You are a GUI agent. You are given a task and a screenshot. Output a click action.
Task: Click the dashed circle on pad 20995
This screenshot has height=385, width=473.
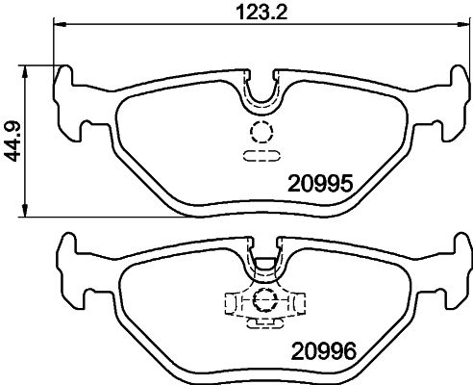click(261, 133)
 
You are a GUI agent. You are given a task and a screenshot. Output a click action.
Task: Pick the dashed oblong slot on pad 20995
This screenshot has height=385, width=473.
click(261, 153)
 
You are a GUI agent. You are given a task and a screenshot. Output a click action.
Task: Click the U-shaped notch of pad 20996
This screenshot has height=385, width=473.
click(261, 265)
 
